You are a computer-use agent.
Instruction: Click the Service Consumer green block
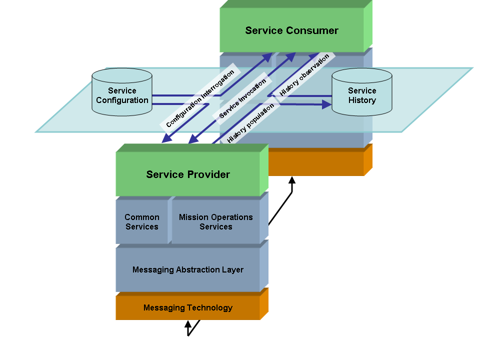(x=292, y=30)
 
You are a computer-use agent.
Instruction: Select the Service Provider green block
(x=188, y=174)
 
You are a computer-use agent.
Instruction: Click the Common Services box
(x=142, y=222)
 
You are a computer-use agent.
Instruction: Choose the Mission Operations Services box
(x=216, y=222)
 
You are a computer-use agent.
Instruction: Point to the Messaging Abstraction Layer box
(x=188, y=269)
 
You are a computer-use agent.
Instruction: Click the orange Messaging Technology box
(x=188, y=307)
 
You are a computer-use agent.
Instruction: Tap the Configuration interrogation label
(x=200, y=98)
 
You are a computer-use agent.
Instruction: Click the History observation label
(x=304, y=74)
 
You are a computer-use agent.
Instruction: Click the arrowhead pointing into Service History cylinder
(x=327, y=104)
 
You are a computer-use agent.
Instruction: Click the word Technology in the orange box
(x=209, y=307)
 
